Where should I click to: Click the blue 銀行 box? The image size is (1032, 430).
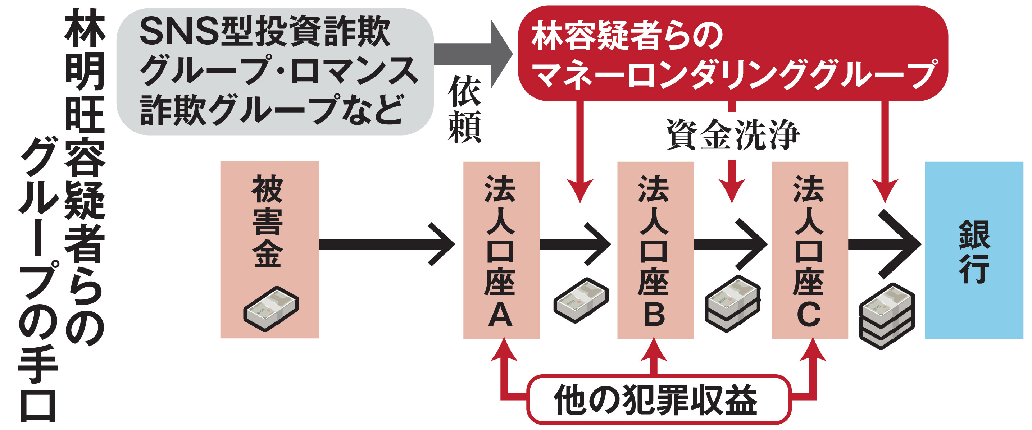973,250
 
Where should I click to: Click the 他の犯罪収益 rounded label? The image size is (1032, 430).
658,399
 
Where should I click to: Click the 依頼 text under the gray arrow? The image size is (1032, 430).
464,109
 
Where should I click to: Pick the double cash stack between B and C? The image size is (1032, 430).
732,304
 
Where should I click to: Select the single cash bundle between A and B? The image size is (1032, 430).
581,300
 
